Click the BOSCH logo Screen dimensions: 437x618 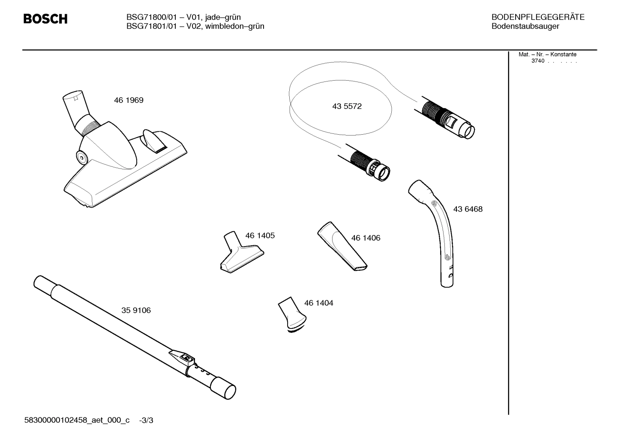point(45,19)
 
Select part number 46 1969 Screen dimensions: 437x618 point(129,100)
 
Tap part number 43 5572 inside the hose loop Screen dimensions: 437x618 point(347,106)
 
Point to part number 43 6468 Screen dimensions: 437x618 point(468,209)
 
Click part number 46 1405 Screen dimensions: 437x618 point(260,236)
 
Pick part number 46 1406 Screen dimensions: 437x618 point(366,238)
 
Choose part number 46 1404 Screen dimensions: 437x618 point(318,303)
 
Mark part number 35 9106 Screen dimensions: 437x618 point(136,310)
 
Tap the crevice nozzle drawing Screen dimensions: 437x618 point(342,246)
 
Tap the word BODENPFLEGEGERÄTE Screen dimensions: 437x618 point(537,17)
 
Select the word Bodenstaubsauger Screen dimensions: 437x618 point(525,27)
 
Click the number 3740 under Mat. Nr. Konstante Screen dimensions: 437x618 point(537,61)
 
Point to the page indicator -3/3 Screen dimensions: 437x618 point(146,421)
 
